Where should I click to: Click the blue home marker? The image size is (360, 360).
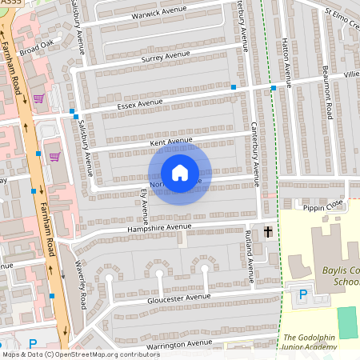[180, 173]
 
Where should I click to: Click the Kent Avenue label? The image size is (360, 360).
[171, 142]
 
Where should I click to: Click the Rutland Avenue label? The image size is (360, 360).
[250, 254]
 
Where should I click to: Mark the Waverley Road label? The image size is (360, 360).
[82, 288]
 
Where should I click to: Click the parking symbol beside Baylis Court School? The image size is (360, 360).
[302, 294]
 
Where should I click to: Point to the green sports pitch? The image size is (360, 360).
[347, 322]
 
